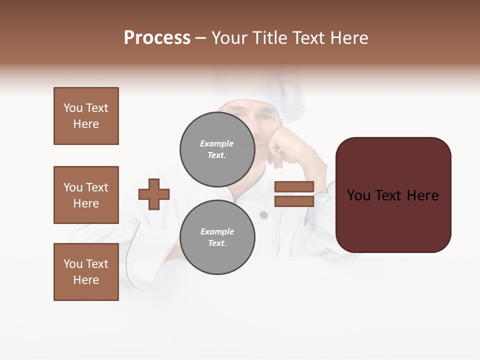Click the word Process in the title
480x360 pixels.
(157, 38)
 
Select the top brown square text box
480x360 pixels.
(86, 116)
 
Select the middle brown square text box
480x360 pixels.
(86, 195)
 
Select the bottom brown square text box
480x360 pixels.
(86, 272)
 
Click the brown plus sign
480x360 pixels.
(154, 194)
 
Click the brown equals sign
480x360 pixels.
(294, 194)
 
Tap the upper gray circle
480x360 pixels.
(217, 149)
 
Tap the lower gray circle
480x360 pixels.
(217, 237)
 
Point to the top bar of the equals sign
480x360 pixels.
(294, 186)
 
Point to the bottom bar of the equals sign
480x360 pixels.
(294, 201)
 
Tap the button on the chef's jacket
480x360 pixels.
(263, 215)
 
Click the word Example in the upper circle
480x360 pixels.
(217, 143)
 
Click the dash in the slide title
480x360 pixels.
(200, 38)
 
